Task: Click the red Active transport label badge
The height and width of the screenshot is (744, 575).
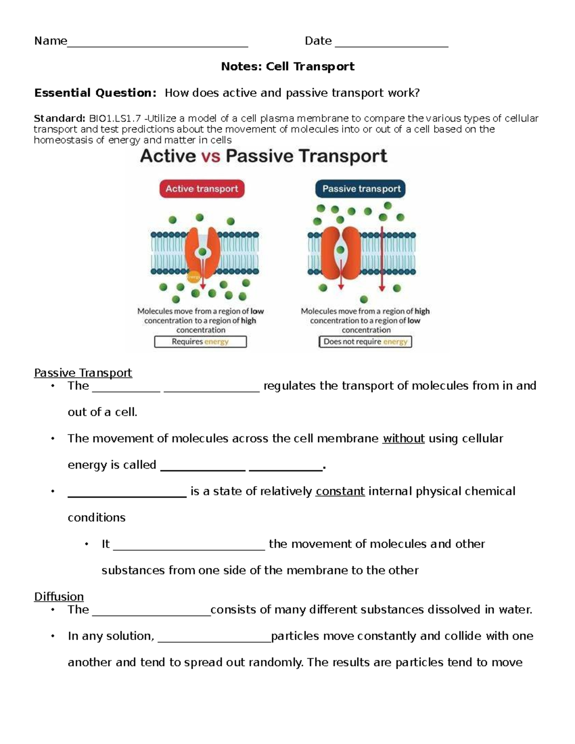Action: [x=202, y=189]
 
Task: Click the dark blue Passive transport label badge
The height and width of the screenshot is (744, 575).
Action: [x=361, y=189]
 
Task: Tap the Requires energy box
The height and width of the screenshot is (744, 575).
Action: [x=200, y=342]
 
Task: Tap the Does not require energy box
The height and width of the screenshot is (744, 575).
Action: [x=365, y=342]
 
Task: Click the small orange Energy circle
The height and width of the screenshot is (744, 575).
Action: [x=194, y=276]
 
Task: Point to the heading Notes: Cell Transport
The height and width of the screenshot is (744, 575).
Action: [x=287, y=67]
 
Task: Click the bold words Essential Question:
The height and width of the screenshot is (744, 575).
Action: [x=95, y=93]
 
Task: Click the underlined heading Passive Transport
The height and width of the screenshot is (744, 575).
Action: [x=83, y=373]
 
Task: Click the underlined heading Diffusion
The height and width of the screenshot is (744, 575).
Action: [x=59, y=596]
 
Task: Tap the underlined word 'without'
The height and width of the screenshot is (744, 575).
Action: [x=403, y=438]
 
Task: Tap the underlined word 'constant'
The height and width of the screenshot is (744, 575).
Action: [x=340, y=491]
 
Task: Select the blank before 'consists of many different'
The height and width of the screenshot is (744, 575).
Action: [x=151, y=613]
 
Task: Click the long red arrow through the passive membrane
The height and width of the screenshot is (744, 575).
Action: [x=382, y=259]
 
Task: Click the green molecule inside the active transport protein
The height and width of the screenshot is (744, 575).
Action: [x=203, y=252]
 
